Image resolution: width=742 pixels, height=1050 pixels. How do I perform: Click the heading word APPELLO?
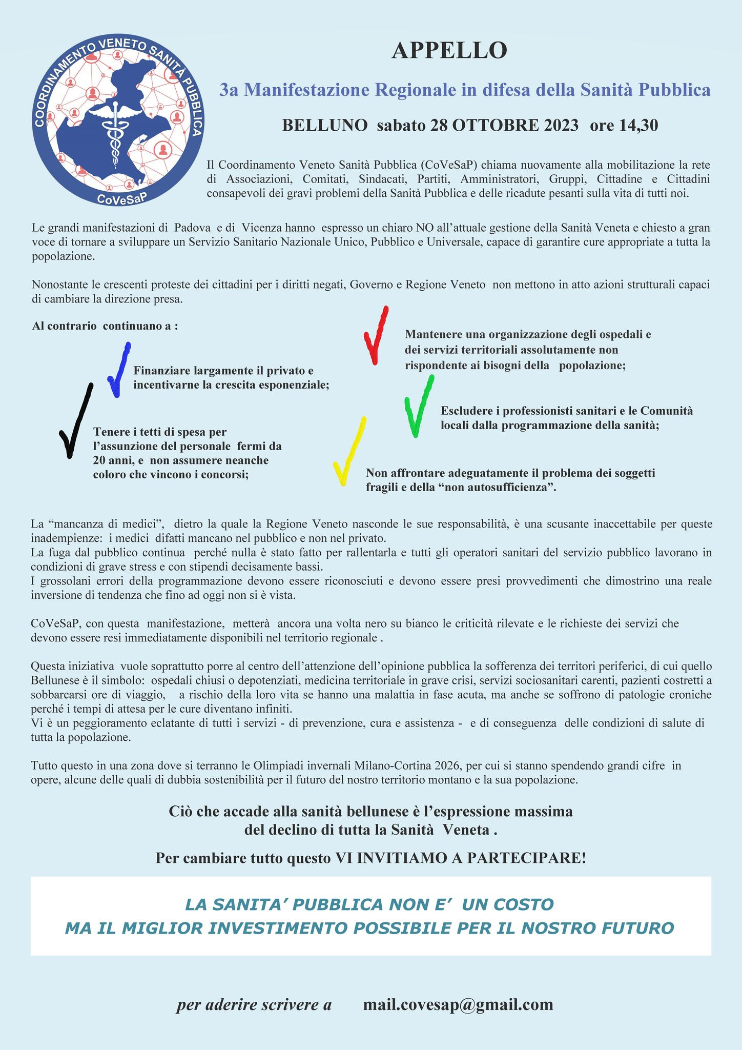(449, 51)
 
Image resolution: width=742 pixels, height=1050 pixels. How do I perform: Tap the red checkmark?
(376, 336)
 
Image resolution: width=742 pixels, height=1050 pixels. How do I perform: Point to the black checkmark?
(75, 420)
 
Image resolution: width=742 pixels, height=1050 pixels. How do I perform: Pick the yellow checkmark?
(349, 451)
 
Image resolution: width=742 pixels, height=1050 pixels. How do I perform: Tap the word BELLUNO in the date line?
(325, 125)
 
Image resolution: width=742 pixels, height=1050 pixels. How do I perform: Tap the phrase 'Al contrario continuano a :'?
(105, 326)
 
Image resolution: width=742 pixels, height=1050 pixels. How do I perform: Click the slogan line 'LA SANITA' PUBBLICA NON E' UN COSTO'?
(369, 904)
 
